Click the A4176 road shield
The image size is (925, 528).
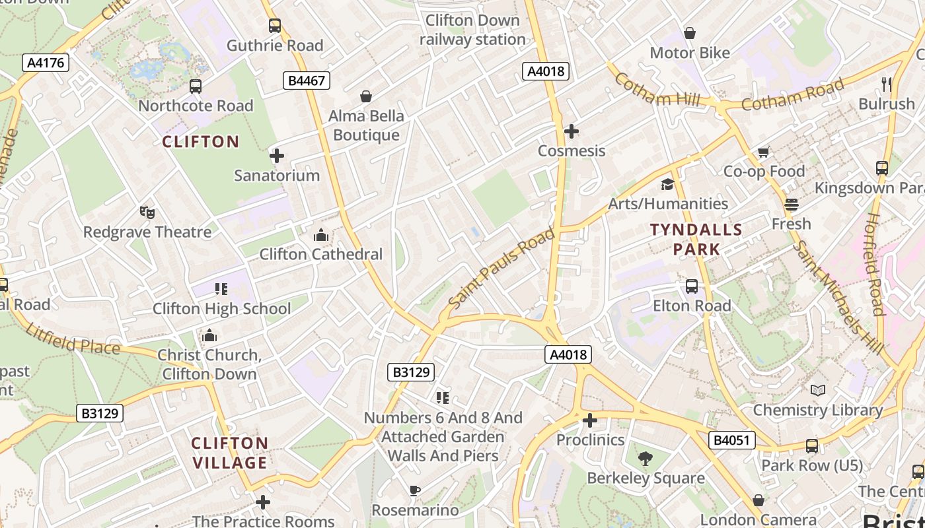46,63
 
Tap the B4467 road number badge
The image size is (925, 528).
307,81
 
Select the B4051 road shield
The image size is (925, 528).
732,440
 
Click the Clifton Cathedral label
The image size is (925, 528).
320,254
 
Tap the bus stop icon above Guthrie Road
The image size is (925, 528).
274,26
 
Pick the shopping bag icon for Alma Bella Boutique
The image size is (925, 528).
366,97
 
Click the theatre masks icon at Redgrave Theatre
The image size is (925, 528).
147,213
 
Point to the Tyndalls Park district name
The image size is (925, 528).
696,239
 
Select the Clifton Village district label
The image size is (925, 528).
229,452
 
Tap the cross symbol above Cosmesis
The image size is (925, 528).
572,131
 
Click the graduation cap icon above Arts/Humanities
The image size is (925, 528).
667,184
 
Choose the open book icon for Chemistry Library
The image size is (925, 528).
818,390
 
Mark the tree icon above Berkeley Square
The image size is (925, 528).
646,458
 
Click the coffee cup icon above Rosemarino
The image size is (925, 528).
414,490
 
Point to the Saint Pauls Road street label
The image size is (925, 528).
501,268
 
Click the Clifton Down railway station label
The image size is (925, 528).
472,30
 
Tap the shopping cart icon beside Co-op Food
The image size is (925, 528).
763,152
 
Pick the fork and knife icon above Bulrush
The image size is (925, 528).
887,84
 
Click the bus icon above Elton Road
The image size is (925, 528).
692,286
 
